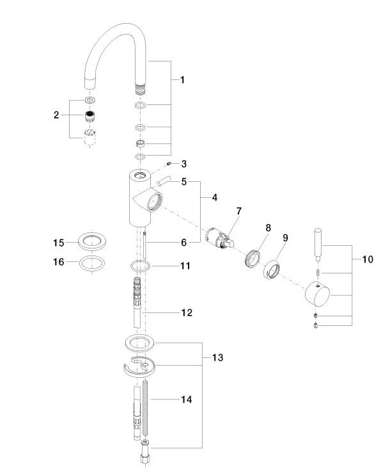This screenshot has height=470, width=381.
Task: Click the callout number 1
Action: coord(182,80)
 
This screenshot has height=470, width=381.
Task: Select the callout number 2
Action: coord(56,115)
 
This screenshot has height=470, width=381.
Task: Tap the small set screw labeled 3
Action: coord(169,163)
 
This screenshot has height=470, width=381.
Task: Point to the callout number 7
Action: coord(238,211)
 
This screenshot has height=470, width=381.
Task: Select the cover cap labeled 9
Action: coord(272,269)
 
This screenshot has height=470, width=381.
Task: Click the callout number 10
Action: coord(368,259)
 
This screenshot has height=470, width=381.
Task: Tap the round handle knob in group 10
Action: coord(317,294)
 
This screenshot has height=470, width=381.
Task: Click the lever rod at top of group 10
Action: coord(318,245)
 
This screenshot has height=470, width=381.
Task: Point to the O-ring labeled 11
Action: coord(140,266)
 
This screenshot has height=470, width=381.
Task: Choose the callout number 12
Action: coord(187,312)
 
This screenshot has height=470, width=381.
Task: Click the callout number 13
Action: coord(217,357)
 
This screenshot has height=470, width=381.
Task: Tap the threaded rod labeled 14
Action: coord(146,410)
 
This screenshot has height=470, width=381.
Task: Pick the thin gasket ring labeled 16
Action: coord(92,264)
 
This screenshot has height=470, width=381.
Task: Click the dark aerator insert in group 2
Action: coord(89,116)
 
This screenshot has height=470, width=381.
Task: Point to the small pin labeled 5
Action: coord(162,182)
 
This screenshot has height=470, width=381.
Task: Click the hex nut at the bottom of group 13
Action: coord(145,458)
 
